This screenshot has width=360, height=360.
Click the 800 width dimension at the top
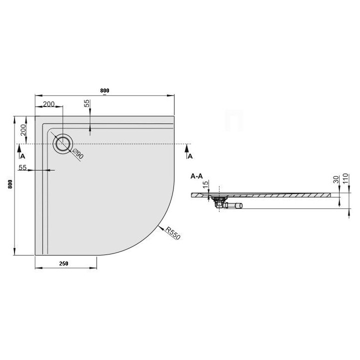click(x=104, y=90)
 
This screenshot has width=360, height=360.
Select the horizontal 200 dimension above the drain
click(x=49, y=104)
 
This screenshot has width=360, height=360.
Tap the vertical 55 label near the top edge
click(x=86, y=103)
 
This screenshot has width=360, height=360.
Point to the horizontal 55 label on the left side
click(x=22, y=168)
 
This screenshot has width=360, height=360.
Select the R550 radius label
click(x=172, y=233)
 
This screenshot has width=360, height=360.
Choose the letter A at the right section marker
click(x=189, y=156)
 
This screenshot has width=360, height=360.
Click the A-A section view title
click(x=196, y=176)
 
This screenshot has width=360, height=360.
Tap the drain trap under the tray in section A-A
click(x=218, y=202)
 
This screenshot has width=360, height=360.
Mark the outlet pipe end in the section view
click(x=241, y=205)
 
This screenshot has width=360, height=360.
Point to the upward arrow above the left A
click(x=19, y=147)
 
